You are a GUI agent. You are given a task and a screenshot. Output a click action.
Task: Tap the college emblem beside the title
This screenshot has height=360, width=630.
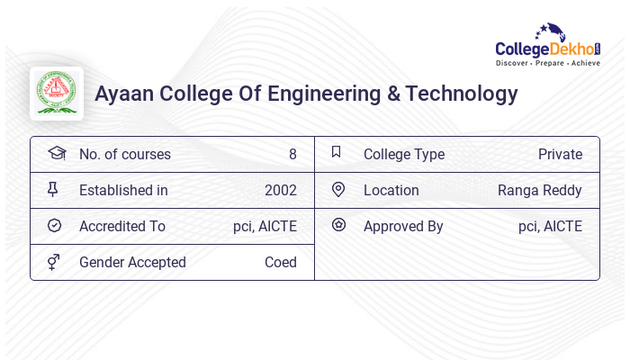57,94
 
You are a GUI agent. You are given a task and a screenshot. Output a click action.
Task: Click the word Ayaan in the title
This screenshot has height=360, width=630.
124,94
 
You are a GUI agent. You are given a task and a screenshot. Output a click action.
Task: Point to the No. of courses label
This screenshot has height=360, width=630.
125,154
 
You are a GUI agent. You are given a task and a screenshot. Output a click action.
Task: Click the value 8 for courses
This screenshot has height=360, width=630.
292,154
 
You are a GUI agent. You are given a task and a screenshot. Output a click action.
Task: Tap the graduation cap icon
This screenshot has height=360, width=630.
56,153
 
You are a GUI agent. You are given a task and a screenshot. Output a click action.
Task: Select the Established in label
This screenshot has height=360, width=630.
123,190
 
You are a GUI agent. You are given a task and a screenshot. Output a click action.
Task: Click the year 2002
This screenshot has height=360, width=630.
281,190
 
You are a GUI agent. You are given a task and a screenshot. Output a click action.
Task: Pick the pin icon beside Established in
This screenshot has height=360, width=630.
53,189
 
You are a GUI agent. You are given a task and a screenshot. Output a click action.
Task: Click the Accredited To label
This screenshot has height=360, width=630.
122,226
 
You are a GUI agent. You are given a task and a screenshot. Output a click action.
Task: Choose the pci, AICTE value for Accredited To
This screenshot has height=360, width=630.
265,226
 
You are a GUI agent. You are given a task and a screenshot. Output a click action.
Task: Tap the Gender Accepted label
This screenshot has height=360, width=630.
132,262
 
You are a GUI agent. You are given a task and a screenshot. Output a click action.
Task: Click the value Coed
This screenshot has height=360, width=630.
281,262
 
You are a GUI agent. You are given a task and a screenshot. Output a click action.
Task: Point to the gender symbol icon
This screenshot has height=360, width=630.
53,262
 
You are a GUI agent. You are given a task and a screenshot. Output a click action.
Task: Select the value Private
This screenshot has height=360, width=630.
560,154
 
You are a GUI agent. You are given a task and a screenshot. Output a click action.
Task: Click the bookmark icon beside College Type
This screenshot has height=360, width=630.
337,152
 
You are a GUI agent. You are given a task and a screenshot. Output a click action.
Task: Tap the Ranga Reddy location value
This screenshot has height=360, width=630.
540,190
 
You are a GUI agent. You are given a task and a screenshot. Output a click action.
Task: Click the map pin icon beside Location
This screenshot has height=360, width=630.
337,189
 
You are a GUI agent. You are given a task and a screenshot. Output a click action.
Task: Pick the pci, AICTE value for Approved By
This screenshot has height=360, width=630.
550,226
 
